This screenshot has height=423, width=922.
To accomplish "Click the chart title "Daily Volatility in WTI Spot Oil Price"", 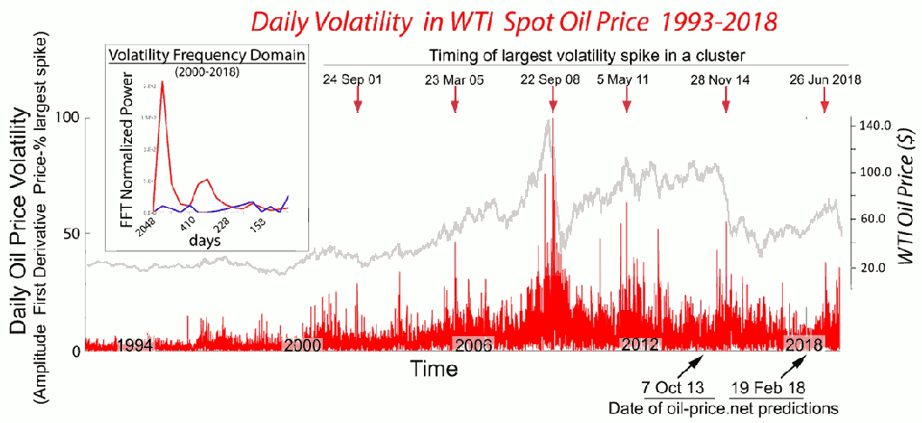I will coord(462,19).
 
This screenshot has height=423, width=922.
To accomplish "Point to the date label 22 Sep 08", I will coord(551,80).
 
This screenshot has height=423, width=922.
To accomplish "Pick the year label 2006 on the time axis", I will coord(473,344).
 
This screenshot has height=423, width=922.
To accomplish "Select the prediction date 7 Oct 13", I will coord(672,389).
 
